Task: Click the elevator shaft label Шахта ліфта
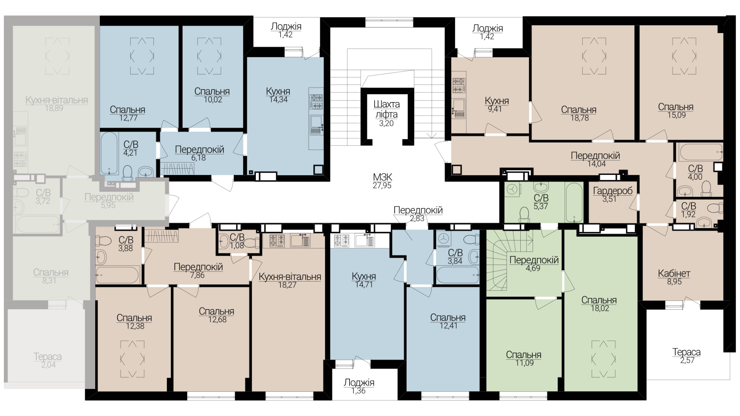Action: point(386,109)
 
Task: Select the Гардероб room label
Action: point(613,191)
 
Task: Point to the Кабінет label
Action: point(674,273)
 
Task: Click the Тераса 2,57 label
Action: point(686,356)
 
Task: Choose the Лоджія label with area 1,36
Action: point(359,386)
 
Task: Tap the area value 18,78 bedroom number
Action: point(579,118)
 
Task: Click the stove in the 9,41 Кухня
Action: point(457,86)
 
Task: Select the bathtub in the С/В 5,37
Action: point(574,202)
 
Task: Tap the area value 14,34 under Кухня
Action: point(278,99)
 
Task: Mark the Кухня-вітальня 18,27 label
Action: point(290,280)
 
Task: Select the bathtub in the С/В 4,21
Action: point(109,153)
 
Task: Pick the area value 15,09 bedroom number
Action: point(676,115)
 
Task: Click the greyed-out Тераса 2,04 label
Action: point(48,361)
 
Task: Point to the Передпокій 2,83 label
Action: point(418,214)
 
